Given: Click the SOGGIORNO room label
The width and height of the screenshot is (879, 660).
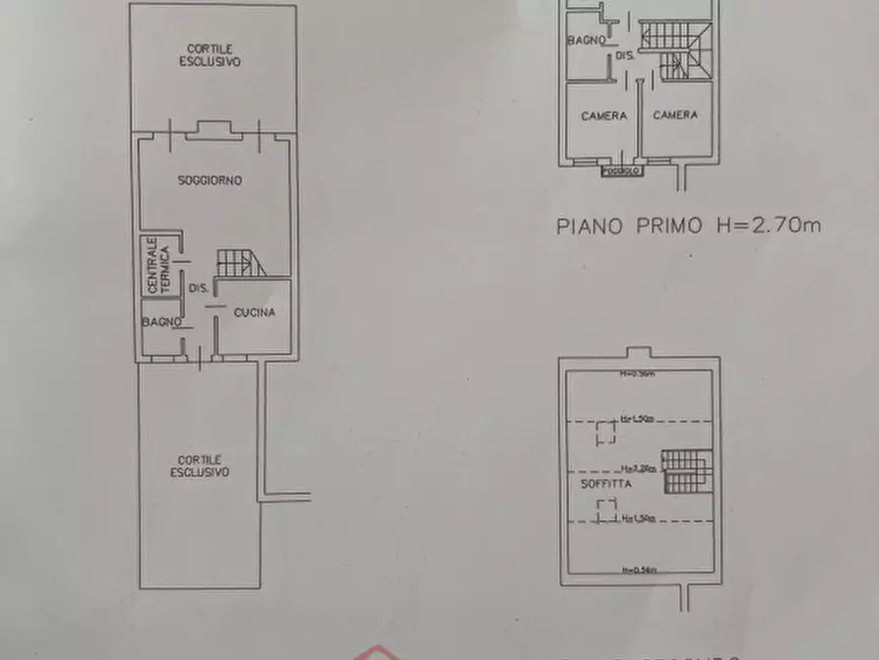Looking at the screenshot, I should tap(210, 180).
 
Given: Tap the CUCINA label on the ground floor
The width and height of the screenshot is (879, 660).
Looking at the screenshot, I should tap(254, 312).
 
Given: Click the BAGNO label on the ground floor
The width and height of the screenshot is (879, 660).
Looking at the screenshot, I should tap(160, 322).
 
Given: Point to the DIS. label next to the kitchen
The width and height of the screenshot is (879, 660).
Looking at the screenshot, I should tap(197, 289).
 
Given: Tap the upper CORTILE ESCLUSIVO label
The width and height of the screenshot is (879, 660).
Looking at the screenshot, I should tap(211, 55).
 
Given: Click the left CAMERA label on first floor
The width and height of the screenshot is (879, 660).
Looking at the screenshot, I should tap(603, 115).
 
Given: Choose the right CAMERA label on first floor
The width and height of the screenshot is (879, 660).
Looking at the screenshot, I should tap(675, 115).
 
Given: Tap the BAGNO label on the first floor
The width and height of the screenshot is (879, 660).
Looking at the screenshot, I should tap(587, 41).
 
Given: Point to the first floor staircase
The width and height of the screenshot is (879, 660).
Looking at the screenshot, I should tap(673, 49).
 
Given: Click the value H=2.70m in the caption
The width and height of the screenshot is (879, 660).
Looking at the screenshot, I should tap(764, 226).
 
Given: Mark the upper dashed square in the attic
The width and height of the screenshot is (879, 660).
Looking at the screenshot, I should tap(606, 430).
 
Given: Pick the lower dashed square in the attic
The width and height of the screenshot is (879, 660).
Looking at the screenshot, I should tap(606, 508).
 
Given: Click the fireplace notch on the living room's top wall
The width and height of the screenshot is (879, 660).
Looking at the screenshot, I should tap(213, 128).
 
